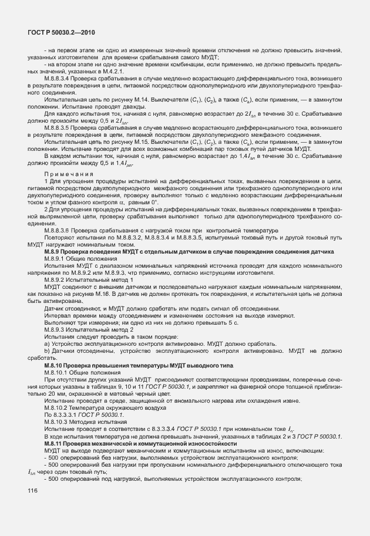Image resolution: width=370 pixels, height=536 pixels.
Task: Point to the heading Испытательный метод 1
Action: (x=108, y=281)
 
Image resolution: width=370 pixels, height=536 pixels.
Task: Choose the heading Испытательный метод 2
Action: (x=108, y=330)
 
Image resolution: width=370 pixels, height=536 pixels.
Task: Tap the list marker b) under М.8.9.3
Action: (x=46, y=351)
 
